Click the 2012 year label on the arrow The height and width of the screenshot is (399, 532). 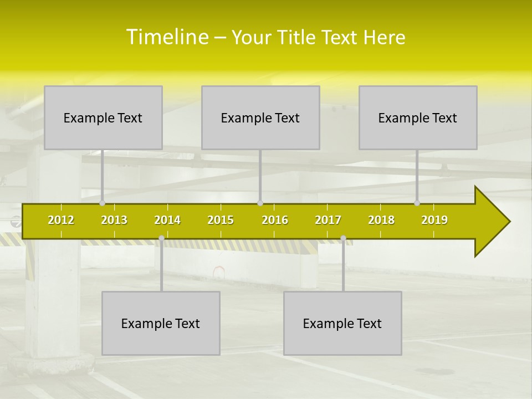pos(61,220)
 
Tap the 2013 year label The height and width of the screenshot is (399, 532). pos(114,220)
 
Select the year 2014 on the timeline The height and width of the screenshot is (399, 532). pos(167,220)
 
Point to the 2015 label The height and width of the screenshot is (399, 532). pos(221,220)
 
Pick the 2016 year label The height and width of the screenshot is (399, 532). pos(275,220)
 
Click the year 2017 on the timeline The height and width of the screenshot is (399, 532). pos(328,220)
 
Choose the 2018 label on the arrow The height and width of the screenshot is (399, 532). pos(381,220)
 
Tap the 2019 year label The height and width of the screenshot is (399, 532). pos(434,220)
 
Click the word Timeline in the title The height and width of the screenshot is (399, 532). pos(167,37)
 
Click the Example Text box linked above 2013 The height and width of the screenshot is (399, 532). pos(103,117)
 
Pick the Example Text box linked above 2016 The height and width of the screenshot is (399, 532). pos(260,117)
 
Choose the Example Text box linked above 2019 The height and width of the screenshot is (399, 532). pos(418,117)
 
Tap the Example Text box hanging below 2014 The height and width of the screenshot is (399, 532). pos(161,323)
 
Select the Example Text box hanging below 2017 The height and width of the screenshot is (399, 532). pos(342,323)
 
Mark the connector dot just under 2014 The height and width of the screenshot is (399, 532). pos(161,238)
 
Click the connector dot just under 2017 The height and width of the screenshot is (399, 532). pos(343,238)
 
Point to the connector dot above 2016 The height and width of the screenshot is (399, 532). pos(260,203)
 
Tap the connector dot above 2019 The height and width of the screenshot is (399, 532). pos(417,203)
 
